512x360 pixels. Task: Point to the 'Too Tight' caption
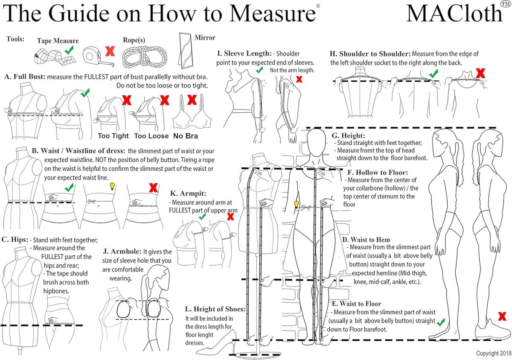[113, 136]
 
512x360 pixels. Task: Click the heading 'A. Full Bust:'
[25, 77]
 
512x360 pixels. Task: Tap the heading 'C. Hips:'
[15, 240]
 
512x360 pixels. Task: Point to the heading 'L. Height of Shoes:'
[215, 309]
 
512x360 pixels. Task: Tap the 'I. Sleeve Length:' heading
[244, 53]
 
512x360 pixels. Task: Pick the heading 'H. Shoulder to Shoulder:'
[370, 54]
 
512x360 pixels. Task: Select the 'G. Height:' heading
[349, 135]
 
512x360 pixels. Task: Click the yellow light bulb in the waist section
[112, 186]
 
